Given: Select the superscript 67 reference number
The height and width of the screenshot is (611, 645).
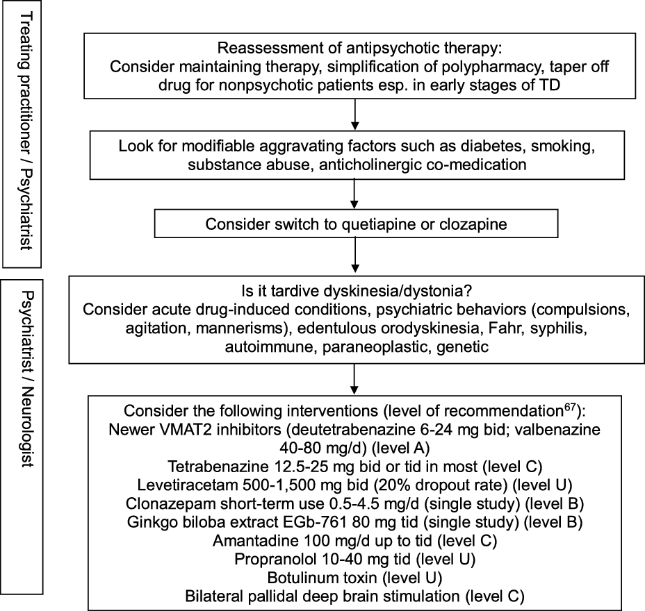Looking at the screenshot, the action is [569, 407].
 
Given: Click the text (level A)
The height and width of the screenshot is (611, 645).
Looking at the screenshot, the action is [400, 448].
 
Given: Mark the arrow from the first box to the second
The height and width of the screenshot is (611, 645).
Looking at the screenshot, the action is [354, 115].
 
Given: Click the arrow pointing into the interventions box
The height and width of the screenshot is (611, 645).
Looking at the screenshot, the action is [354, 379].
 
